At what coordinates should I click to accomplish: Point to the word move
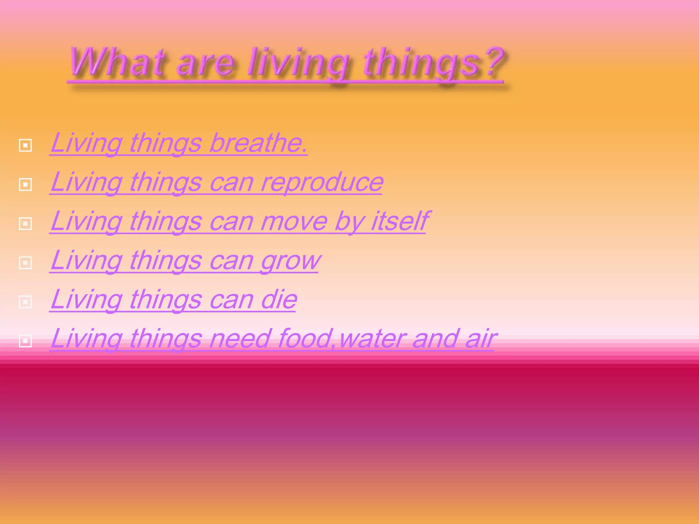pyautogui.click(x=294, y=222)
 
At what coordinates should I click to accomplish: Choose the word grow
pyautogui.click(x=290, y=261)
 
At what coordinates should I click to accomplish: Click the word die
pyautogui.click(x=279, y=300)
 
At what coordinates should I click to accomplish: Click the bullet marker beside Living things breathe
pyautogui.click(x=25, y=145)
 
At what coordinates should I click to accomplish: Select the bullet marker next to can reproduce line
pyautogui.click(x=25, y=185)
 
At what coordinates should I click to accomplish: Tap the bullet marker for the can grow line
pyautogui.click(x=25, y=263)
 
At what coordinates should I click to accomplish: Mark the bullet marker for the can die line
pyautogui.click(x=25, y=302)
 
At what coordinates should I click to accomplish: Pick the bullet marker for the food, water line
pyautogui.click(x=25, y=341)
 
